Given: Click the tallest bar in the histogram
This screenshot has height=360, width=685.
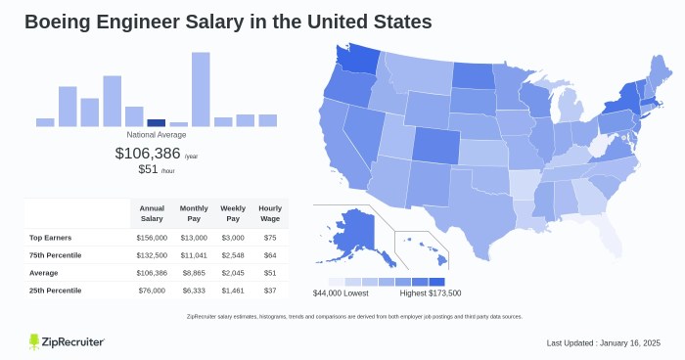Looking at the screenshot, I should tap(201, 89).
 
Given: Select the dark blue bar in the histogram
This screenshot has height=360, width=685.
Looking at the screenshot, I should tap(156, 122).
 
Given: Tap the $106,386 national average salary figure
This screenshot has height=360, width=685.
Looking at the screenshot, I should tap(148, 153).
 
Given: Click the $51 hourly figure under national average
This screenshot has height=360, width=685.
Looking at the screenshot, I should tap(148, 169).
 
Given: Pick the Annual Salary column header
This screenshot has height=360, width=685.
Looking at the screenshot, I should tap(152, 212).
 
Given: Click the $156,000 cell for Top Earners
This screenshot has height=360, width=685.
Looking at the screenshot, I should tap(152, 237).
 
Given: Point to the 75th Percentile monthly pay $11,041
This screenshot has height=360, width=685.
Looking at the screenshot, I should tap(193, 254).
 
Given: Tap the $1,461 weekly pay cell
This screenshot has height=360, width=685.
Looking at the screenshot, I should tap(233, 290).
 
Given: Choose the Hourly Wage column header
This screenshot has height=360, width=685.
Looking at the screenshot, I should tap(270, 212).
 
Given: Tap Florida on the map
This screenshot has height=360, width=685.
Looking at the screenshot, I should tap(606, 231).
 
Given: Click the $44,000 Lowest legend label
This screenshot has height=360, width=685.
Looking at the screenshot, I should tap(342, 293).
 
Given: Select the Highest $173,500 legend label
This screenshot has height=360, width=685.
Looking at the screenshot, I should tap(431, 293).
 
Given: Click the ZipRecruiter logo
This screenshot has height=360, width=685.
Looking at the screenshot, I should tap(67, 340).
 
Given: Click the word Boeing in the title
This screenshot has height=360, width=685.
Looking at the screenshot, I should tap(60, 21).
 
